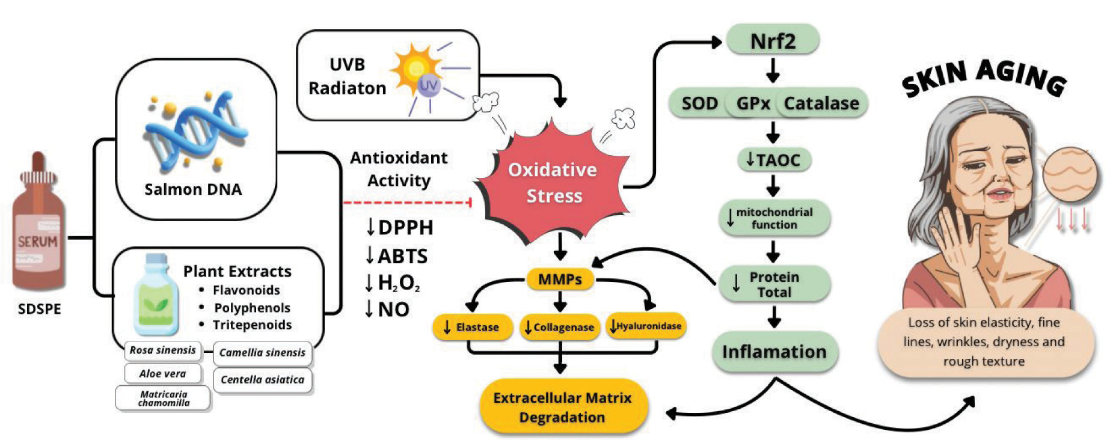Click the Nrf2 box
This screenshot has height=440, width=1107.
(773, 41)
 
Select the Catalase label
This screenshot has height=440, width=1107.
(821, 103)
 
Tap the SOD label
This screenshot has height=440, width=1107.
(699, 103)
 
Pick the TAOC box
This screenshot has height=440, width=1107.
(774, 160)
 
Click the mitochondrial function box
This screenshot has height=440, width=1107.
(774, 218)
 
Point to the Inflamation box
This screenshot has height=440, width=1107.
(774, 352)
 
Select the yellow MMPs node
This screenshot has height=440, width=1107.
(560, 280)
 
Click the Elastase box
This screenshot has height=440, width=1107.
(472, 327)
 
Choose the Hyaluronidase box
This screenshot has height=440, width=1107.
(645, 326)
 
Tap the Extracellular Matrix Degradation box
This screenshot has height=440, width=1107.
(563, 407)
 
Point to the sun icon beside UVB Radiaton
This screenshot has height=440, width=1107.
(416, 70)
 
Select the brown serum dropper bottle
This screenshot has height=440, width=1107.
(38, 228)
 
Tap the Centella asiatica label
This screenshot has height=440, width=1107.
(262, 380)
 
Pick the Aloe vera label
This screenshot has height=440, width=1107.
(162, 373)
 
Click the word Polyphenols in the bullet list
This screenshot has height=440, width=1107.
(252, 308)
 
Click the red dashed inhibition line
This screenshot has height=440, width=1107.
(406, 203)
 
